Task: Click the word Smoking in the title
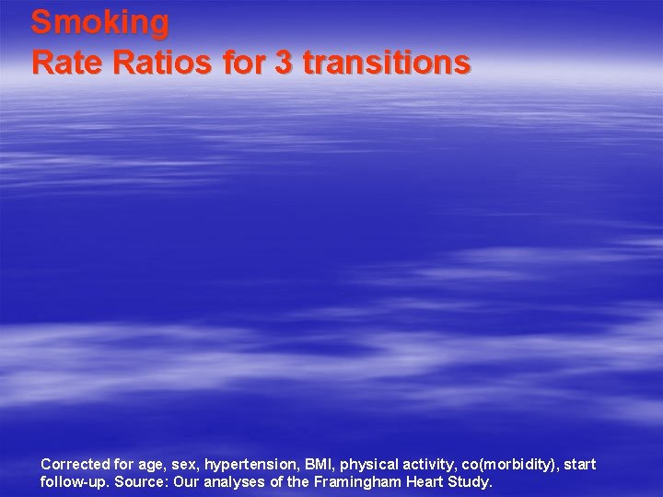click(99, 22)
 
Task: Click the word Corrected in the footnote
click(74, 465)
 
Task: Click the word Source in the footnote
click(140, 482)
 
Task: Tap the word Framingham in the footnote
click(354, 482)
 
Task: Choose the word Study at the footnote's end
click(471, 482)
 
